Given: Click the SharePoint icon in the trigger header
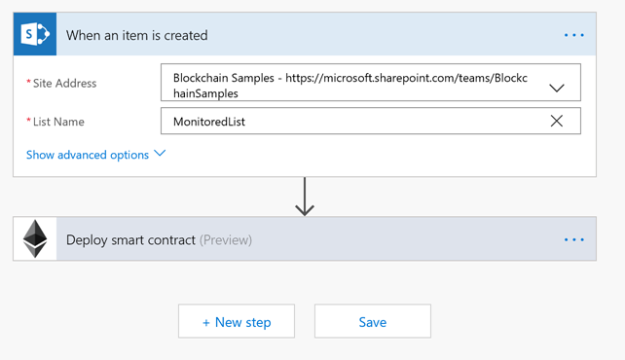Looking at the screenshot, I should tap(35, 35).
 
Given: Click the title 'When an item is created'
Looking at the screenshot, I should tap(136, 36).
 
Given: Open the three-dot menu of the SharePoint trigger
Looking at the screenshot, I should tap(573, 36).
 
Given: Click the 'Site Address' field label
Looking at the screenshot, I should tap(64, 84).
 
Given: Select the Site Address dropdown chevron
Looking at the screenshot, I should tap(556, 88).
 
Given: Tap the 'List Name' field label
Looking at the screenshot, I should tap(58, 122).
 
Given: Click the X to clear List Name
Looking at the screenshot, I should tap(556, 121).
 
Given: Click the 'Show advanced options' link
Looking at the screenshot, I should tap(88, 155).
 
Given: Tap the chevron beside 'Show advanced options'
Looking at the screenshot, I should tap(160, 154).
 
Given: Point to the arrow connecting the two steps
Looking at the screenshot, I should tap(305, 197).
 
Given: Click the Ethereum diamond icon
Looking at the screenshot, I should tap(35, 238).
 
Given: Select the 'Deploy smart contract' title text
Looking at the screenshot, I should tap(130, 239).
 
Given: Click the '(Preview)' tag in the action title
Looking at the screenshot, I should tap(226, 239).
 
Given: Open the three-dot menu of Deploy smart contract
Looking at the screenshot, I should tap(573, 239).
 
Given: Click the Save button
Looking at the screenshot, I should tap(372, 322).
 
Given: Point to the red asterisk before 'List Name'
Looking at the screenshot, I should tap(28, 122).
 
